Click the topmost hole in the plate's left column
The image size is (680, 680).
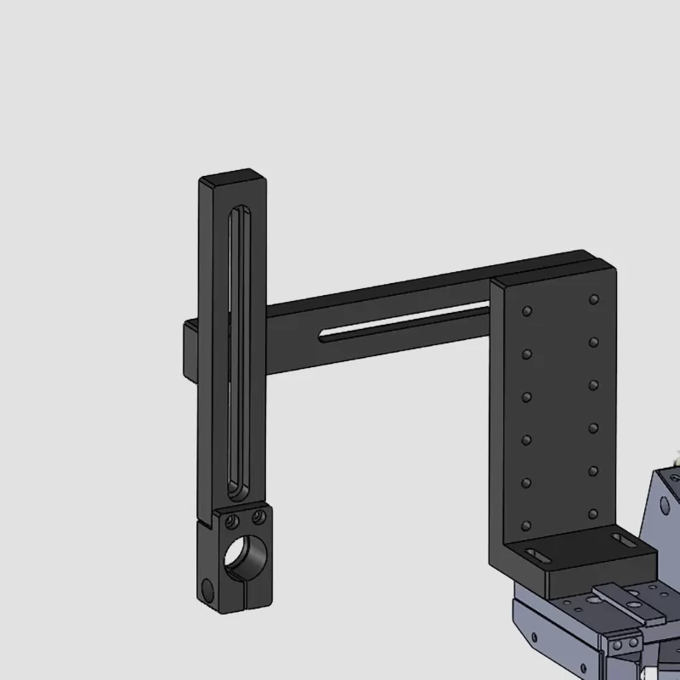point(528,312)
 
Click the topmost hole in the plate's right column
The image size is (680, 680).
point(594,299)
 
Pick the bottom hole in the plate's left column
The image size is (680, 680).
point(528,525)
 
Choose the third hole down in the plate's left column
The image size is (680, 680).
point(528,397)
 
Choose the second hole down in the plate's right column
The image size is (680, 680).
point(594,342)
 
